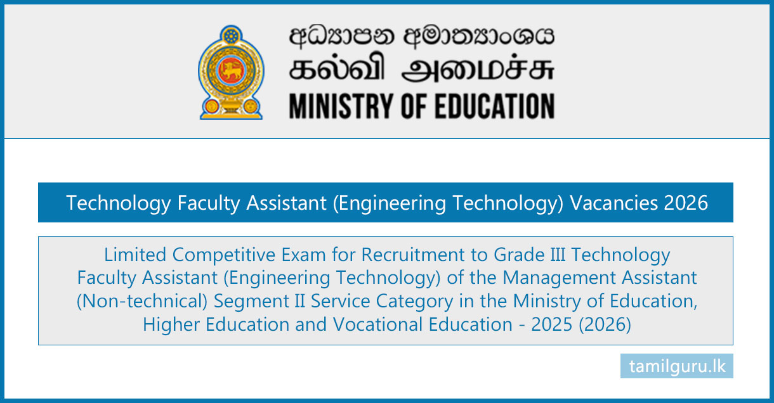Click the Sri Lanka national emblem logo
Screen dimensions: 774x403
tap(231, 72)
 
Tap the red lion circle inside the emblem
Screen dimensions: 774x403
tap(231, 70)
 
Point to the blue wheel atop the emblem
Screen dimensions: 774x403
tap(231, 35)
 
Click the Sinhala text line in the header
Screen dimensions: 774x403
tap(421, 37)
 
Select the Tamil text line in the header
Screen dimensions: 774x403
tap(421, 68)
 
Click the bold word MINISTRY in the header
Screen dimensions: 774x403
tap(343, 106)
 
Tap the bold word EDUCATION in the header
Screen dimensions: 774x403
tap(494, 106)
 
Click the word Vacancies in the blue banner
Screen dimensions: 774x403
tap(613, 203)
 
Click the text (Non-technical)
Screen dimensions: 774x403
tap(141, 301)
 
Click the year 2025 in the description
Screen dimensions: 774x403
tap(551, 324)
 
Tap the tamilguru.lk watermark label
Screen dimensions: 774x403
tap(677, 366)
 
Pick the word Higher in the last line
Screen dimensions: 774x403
tap(171, 325)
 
